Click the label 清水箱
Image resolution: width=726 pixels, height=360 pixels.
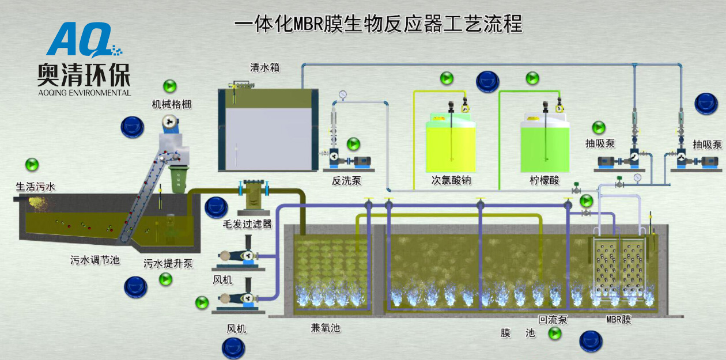(x=264, y=67)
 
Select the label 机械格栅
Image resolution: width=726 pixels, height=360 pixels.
(x=172, y=104)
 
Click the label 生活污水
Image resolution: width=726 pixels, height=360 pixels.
(x=35, y=186)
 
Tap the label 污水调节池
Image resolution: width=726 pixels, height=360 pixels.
(x=94, y=260)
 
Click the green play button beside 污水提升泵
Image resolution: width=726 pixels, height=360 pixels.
(x=166, y=279)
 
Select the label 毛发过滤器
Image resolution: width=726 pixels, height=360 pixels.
(x=247, y=224)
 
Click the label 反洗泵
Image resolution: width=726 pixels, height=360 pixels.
(x=347, y=180)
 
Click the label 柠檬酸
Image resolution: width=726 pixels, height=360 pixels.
(x=544, y=180)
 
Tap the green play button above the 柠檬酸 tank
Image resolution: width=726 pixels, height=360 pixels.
(x=532, y=78)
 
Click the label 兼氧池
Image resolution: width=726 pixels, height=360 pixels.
(x=326, y=327)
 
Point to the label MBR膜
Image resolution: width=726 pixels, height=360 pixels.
(x=619, y=319)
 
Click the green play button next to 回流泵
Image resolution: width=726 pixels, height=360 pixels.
(x=555, y=333)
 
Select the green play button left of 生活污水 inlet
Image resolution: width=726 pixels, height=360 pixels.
(x=32, y=164)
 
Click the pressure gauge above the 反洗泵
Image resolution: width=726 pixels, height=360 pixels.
(x=343, y=94)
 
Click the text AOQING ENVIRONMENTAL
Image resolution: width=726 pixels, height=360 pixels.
(x=84, y=92)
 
